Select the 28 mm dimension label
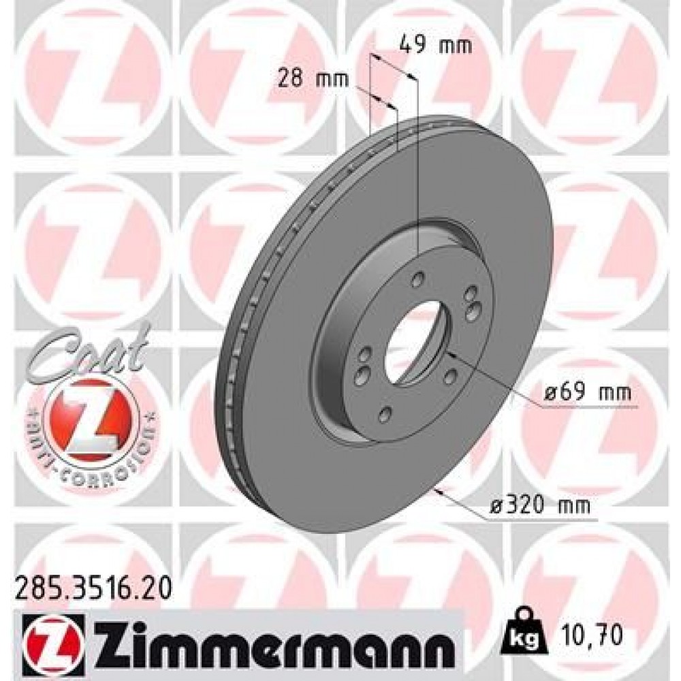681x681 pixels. [313, 80]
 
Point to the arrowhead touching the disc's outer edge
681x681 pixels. [442, 489]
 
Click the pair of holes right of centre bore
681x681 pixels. [471, 302]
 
